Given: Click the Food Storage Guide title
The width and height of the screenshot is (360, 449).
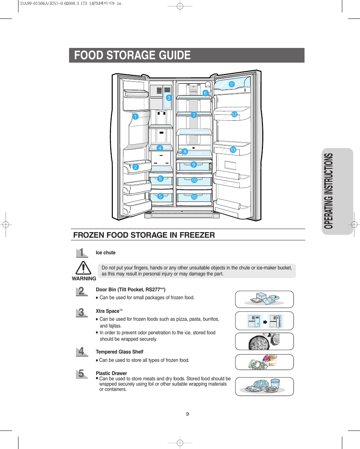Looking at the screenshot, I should coord(132,55).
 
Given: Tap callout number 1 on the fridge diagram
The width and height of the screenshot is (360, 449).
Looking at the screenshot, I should coord(135,117).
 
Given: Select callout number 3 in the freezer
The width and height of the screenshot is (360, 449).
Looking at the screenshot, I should coord(169,98).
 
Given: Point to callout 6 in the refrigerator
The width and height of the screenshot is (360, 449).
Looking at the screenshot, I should coord(206,93).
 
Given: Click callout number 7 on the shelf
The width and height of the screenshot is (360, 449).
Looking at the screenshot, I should coord(194,115).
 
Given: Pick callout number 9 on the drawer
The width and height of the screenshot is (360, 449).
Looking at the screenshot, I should coord(193,165).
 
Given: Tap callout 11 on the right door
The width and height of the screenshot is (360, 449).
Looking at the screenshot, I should coord(231,85).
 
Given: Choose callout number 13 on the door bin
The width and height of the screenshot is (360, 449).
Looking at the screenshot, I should coord(232,150).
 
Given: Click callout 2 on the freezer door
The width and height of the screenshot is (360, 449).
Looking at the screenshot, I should coord(135,167).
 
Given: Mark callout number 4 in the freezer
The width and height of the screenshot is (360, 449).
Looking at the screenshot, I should coord(160,148).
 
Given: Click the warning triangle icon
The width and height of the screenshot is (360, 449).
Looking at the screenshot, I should coord(83,268).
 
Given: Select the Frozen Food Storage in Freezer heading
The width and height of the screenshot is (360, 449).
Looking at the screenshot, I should coord(144,235).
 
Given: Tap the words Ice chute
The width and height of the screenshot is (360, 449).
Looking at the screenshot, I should coord(106,253).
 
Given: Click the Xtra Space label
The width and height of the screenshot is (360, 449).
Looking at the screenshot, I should coord(108,311).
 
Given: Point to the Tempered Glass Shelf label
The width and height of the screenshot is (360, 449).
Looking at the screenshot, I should coord(119,352).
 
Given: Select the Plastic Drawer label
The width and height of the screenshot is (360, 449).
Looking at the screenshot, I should coord(111,373).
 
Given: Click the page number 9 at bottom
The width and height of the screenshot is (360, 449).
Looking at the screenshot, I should coord(187,414).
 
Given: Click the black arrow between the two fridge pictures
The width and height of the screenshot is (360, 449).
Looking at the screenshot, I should coord(265,322).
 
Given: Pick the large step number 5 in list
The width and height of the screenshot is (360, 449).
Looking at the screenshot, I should coord(81,374).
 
